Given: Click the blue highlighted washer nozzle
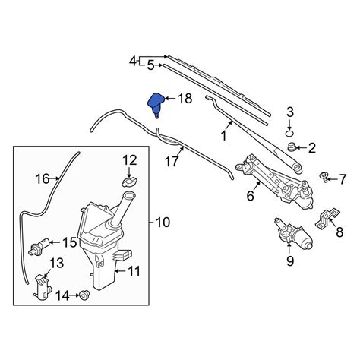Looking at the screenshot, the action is click(x=156, y=104).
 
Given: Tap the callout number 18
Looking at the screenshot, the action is click(x=185, y=99).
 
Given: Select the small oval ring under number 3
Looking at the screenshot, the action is click(x=289, y=133).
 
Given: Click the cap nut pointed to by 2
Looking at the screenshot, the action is click(x=292, y=146).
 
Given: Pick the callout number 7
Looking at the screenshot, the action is click(x=343, y=179).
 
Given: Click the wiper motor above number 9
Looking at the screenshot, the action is click(x=294, y=234).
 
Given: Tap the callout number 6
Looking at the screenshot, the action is click(x=250, y=196).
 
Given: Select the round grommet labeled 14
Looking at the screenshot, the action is click(x=84, y=295).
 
